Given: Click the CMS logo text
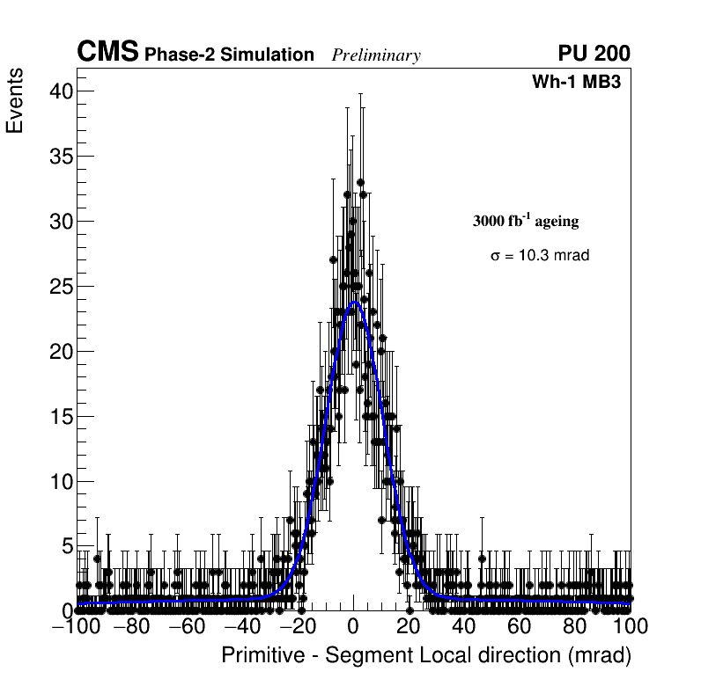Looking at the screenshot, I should click(107, 53).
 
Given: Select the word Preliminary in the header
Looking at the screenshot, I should click(376, 55).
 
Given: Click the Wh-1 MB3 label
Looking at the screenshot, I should click(582, 83).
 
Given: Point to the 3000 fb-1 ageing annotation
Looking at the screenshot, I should click(526, 221).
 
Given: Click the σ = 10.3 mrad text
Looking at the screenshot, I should click(540, 256).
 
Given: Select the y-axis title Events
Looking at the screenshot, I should click(15, 101).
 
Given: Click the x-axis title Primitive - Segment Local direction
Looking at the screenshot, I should click(426, 655).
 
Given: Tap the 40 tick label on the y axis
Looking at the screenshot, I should click(60, 91).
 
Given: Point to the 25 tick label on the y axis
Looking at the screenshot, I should click(60, 287).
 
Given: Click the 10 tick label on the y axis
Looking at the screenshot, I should click(60, 482).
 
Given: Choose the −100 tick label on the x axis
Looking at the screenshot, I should click(74, 626).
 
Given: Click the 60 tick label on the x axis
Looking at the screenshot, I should click(520, 626).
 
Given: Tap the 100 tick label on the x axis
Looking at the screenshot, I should click(630, 626).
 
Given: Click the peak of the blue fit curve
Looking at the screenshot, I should click(355, 303).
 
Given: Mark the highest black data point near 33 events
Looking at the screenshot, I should click(360, 183).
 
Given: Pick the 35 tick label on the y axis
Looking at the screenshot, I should click(60, 157).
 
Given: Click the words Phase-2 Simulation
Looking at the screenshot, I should click(229, 55).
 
